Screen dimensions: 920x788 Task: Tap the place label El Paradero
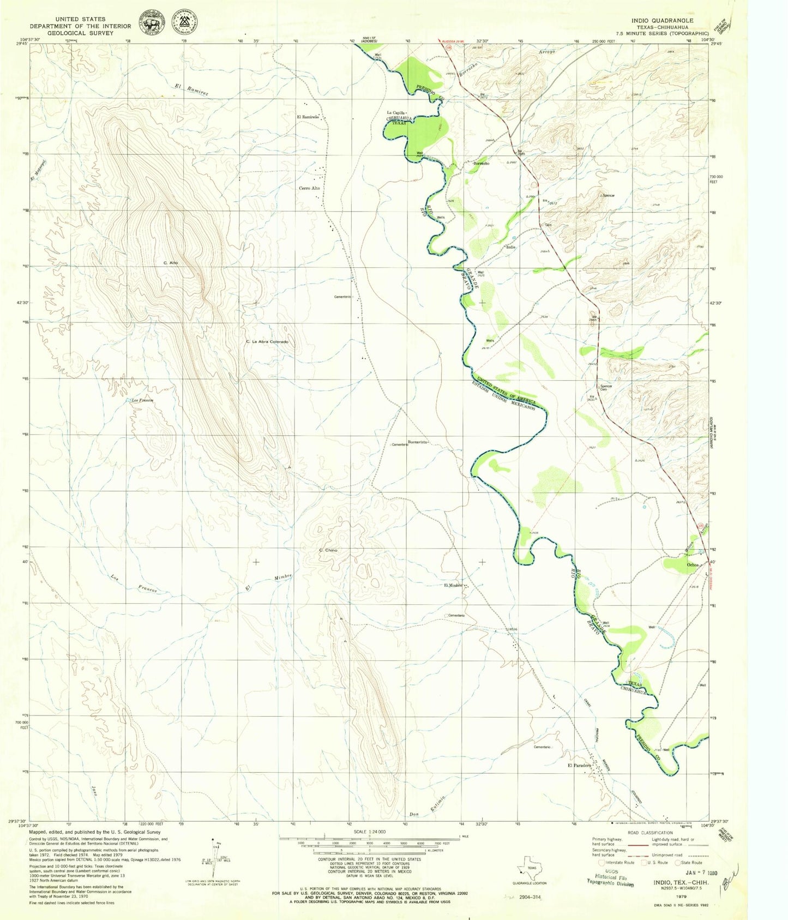[x=579, y=766]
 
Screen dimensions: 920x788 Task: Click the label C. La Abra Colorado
[x=267, y=341]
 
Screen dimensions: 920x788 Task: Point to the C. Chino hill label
[x=328, y=550]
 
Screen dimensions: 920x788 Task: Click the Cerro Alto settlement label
[x=309, y=188]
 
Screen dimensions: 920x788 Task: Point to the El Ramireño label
[x=307, y=117]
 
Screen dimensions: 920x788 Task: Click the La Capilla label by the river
[x=396, y=113]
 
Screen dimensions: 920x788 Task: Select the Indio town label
[x=510, y=247]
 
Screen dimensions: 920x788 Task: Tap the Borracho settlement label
[x=481, y=164]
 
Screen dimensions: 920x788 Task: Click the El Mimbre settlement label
[x=453, y=586]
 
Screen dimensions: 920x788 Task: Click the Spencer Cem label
[x=606, y=388]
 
